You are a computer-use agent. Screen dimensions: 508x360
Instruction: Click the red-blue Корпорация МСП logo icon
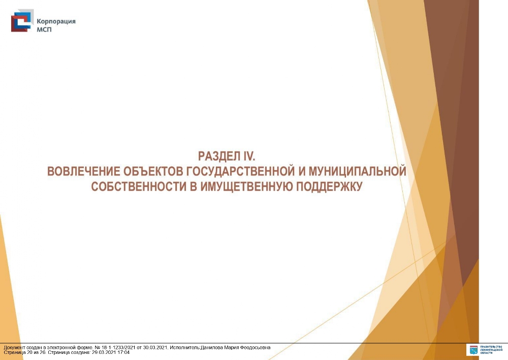22,21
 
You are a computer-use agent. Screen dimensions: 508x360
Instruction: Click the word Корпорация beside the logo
56,22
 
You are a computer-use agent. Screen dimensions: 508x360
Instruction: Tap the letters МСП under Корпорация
44,29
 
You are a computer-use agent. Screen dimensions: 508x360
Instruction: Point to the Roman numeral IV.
249,156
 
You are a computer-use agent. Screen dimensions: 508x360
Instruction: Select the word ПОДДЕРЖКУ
329,187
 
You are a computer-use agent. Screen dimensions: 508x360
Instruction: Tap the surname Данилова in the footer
211,348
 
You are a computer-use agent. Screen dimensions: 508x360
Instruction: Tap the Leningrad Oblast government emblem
473,350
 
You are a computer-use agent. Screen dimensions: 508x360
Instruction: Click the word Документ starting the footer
13,348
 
